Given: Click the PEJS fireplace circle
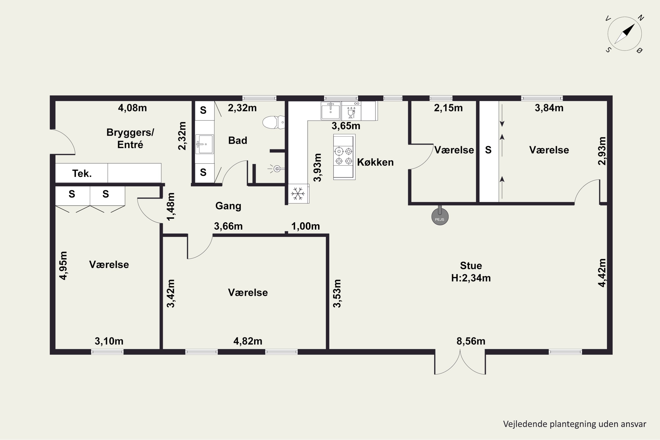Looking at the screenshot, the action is [x=440, y=217].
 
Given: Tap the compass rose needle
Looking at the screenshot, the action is [x=625, y=34].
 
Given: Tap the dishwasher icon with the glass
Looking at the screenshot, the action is [x=351, y=111].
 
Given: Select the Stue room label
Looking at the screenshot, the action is [x=471, y=266].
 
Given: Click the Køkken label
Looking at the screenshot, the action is [x=375, y=162].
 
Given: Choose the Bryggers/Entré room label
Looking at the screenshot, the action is [x=130, y=138].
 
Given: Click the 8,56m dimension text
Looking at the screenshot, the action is [x=471, y=341].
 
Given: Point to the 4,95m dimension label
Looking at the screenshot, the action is [x=63, y=266].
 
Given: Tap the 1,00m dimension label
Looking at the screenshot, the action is [x=306, y=226].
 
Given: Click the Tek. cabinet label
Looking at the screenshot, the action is [x=82, y=173].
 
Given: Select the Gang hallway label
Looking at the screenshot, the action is [x=228, y=206].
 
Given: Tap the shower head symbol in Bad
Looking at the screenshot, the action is [x=277, y=169].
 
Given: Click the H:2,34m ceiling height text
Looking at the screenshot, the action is [x=471, y=278].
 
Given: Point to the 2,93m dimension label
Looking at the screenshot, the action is [x=602, y=151].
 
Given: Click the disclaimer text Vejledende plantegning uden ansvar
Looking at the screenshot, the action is [x=575, y=424].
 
